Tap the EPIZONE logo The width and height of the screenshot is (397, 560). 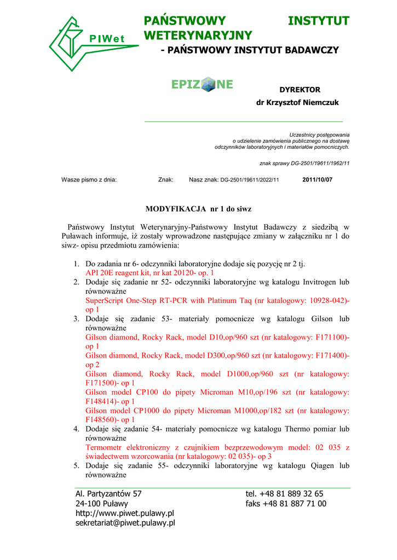pos(202,85)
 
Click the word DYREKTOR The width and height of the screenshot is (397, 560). pos(300,90)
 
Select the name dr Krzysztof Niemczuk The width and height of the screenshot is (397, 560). pos(297,103)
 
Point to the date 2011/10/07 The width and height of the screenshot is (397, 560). pos(317,179)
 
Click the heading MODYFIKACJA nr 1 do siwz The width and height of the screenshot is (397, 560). pos(198,209)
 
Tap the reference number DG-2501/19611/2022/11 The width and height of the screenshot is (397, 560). pos(250,179)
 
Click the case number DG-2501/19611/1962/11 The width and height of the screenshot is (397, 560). pos(320,163)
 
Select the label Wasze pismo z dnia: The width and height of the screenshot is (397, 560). pos(89,179)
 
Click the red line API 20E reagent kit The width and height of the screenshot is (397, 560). pos(149,272)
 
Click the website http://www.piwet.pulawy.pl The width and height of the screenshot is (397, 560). pos(124,513)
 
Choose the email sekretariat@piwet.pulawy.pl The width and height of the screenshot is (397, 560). pos(125,523)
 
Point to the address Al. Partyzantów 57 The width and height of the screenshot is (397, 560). pos(108,493)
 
